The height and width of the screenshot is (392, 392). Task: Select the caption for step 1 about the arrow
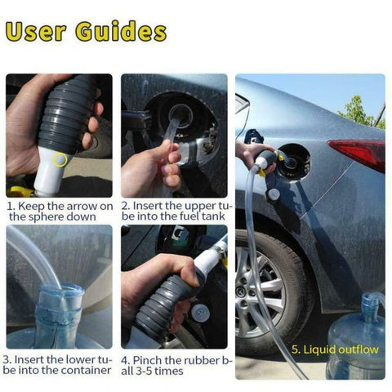[60, 212]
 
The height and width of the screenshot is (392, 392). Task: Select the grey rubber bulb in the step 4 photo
[159, 306]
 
